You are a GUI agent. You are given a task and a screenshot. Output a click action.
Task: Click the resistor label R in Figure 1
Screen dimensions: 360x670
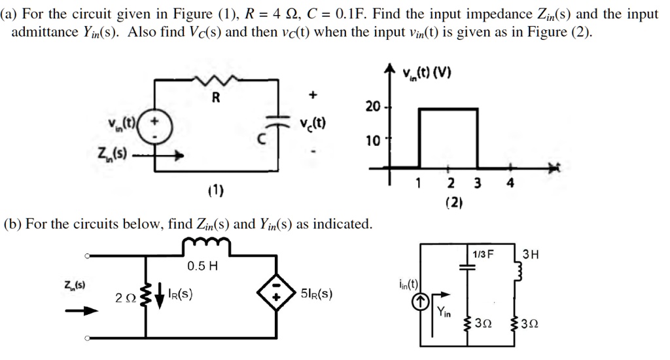pos(215,99)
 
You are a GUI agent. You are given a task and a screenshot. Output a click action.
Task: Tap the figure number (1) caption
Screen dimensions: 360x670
pos(215,190)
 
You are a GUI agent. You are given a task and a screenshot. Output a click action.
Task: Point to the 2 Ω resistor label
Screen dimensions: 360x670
pos(125,298)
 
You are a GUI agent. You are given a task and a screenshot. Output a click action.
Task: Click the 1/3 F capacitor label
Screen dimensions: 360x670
pos(482,254)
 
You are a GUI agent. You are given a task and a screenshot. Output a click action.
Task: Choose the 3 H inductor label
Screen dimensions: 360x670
pos(531,254)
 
